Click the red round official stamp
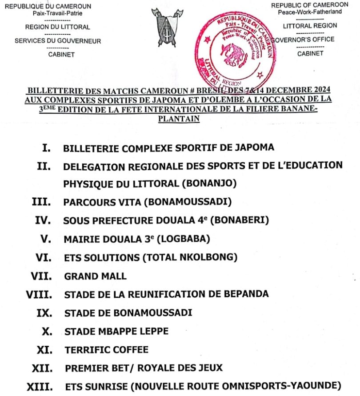point(233,49)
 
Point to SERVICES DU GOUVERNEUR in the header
point(58,41)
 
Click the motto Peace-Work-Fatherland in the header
point(310,12)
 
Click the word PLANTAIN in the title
point(179,119)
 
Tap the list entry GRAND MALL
point(95,276)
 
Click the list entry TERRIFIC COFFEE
point(106,350)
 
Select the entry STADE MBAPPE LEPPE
point(116,331)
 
